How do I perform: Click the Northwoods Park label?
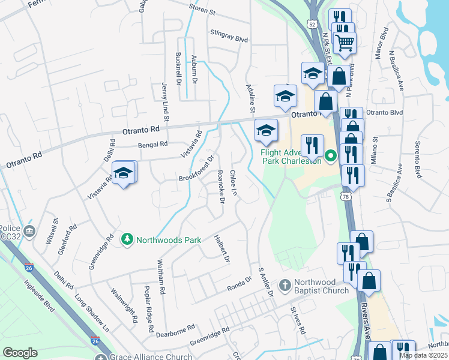pos(168,240)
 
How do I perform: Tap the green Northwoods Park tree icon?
pos(127,240)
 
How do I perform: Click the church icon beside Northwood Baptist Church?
pos(285,284)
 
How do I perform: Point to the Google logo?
pos(20,353)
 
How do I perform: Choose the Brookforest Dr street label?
pos(196,170)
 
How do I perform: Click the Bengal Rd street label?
pos(151,145)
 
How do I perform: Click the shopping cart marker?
pos(345,43)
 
